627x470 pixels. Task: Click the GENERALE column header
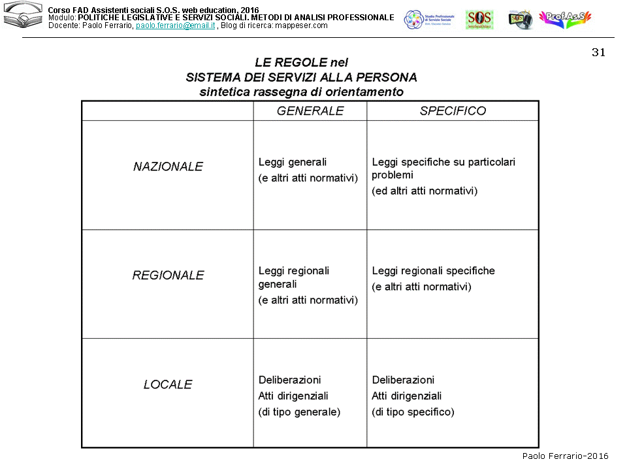click(310, 111)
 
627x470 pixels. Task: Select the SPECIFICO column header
click(453, 111)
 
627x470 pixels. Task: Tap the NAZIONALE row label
click(168, 166)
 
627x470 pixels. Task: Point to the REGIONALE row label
click(168, 275)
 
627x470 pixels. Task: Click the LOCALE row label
click(168, 384)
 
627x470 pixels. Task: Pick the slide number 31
click(598, 53)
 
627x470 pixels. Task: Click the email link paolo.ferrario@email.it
click(175, 25)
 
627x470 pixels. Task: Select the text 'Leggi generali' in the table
click(292, 162)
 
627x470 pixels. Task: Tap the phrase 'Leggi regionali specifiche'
click(433, 271)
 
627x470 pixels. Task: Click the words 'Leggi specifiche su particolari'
click(443, 162)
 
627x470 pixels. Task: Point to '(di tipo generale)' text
click(299, 412)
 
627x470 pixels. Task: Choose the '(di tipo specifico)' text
click(413, 412)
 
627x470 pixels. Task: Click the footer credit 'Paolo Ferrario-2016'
click(565, 456)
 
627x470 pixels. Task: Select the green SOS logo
click(479, 20)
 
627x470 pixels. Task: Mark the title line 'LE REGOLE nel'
click(301, 63)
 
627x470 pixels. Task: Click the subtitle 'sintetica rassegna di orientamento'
click(301, 92)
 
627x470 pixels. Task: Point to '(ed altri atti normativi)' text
click(425, 191)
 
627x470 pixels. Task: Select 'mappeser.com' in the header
click(302, 25)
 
